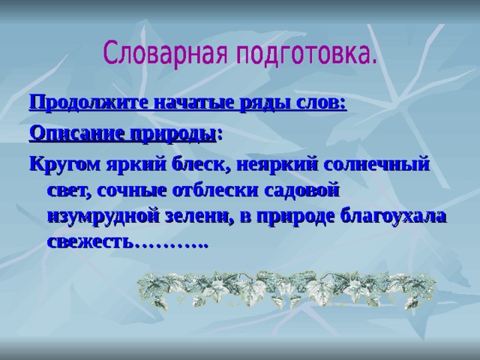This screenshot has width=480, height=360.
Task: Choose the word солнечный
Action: (x=376, y=164)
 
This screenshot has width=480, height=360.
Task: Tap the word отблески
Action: (x=215, y=190)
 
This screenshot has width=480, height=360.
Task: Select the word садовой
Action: (x=301, y=190)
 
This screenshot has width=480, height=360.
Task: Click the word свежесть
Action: (x=91, y=241)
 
